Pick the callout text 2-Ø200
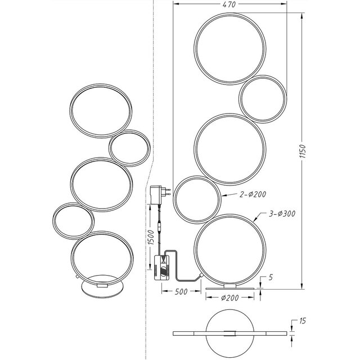(253, 194)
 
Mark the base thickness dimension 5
(271, 277)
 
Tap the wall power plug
(157, 194)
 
